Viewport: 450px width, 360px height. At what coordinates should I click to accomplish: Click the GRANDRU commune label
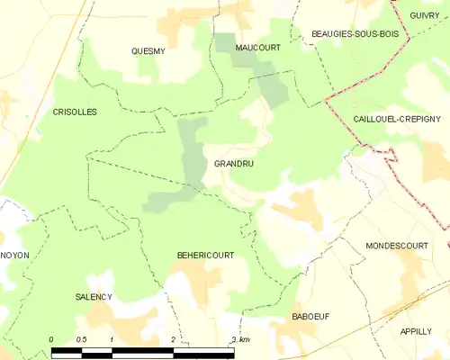pyautogui.click(x=233, y=165)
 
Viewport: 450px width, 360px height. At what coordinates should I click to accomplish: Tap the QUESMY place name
pyautogui.click(x=148, y=51)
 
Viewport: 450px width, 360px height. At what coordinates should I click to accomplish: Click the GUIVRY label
pyautogui.click(x=424, y=15)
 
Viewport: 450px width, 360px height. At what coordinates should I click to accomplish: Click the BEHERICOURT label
pyautogui.click(x=205, y=256)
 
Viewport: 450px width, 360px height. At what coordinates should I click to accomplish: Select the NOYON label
pyautogui.click(x=15, y=256)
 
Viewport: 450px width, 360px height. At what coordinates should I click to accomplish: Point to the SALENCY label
pyautogui.click(x=94, y=296)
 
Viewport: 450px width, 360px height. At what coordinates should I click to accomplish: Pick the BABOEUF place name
pyautogui.click(x=311, y=318)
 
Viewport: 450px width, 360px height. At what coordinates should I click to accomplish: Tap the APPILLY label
pyautogui.click(x=417, y=331)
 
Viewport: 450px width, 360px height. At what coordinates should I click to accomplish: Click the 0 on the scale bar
pyautogui.click(x=51, y=339)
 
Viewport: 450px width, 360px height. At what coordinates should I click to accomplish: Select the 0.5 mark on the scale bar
pyautogui.click(x=82, y=339)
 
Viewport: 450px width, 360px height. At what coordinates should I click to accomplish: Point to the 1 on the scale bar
pyautogui.click(x=111, y=339)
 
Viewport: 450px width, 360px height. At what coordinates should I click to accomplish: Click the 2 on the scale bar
pyautogui.click(x=173, y=339)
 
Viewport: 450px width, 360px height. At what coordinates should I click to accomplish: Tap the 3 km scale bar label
pyautogui.click(x=239, y=339)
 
